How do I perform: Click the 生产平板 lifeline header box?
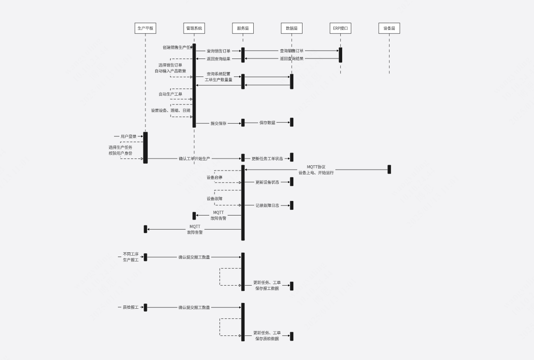point(145,29)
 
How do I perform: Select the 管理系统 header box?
point(194,29)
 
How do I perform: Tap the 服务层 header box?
point(243,29)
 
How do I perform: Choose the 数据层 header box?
point(291,29)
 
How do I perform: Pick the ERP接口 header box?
point(341,29)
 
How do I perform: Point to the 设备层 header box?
point(389,29)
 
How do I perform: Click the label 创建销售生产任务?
point(177,47)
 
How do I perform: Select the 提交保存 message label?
point(218,123)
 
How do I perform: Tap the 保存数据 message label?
point(267,123)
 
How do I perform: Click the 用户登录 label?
point(129,137)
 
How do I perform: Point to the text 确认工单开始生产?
point(194,158)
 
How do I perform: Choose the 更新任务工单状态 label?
point(267,158)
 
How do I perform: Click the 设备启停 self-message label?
point(215,177)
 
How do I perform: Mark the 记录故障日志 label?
point(267,205)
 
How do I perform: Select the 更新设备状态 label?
point(267,182)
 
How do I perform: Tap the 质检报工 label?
point(130,307)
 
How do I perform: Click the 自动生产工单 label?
point(171,94)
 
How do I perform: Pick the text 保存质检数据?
point(267,339)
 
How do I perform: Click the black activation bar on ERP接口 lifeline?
point(340,55)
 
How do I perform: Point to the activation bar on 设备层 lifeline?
point(389,169)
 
